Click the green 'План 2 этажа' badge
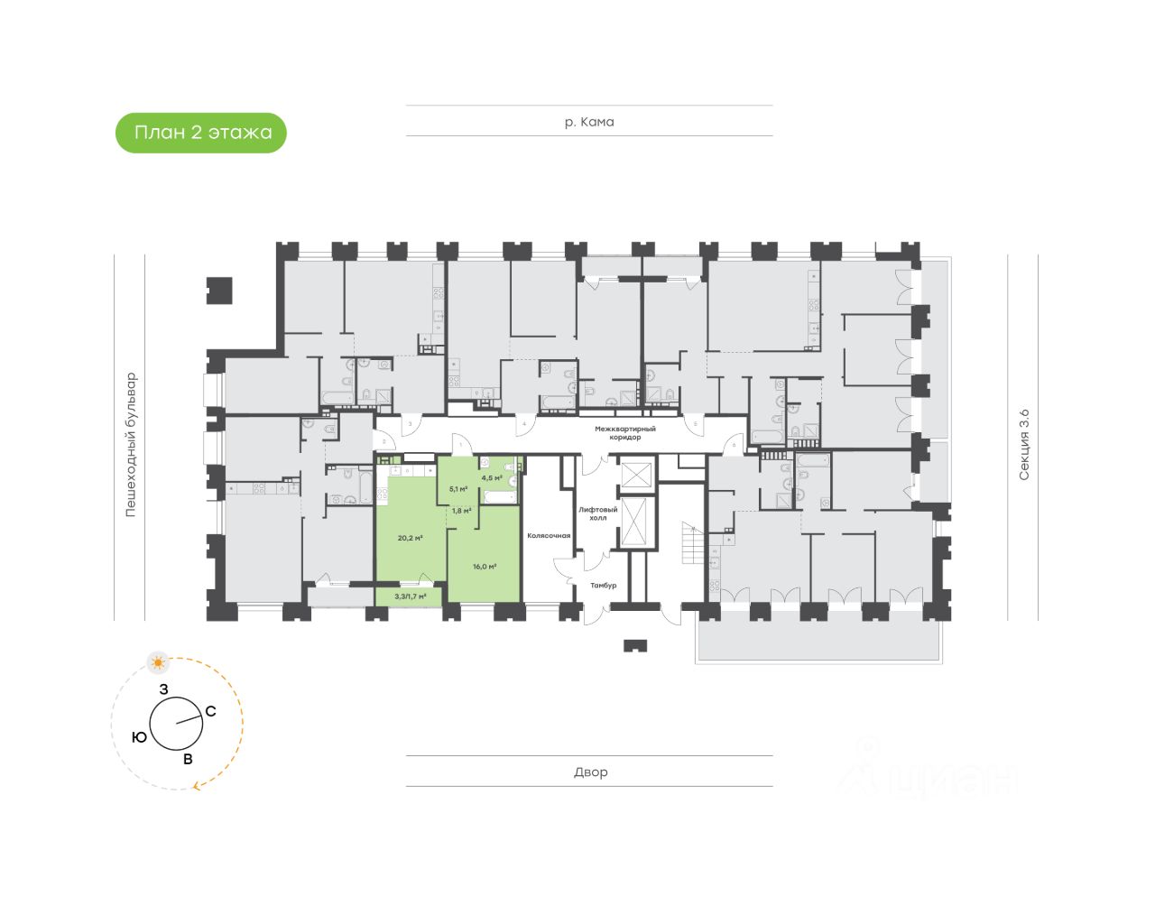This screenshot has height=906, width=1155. (x=201, y=133)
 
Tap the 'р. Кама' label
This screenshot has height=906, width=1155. (x=589, y=122)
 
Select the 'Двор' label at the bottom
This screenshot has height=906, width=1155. (x=591, y=772)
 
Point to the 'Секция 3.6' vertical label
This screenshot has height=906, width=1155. (x=1023, y=445)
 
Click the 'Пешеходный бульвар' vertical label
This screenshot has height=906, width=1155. (x=131, y=444)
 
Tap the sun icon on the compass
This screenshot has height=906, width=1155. (x=160, y=663)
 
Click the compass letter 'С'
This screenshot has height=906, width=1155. (x=210, y=711)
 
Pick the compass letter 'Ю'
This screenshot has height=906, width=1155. (x=139, y=737)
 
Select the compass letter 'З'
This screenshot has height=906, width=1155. (x=163, y=689)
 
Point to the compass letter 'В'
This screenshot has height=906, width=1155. (x=188, y=759)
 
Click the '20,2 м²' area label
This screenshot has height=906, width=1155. (x=410, y=538)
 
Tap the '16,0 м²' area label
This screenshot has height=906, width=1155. (x=485, y=567)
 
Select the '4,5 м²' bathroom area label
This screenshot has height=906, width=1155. (x=491, y=478)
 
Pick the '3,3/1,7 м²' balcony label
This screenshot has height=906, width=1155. (x=410, y=596)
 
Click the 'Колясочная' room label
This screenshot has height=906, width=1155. (x=549, y=536)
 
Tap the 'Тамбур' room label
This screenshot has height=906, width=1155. (x=603, y=586)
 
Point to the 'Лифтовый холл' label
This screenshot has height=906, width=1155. (x=597, y=513)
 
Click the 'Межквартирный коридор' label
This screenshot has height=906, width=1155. (x=624, y=433)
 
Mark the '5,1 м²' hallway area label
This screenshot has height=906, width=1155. (x=458, y=489)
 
